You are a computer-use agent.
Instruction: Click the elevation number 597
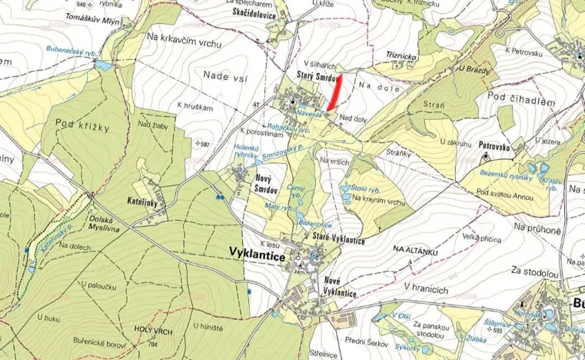[203, 144]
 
